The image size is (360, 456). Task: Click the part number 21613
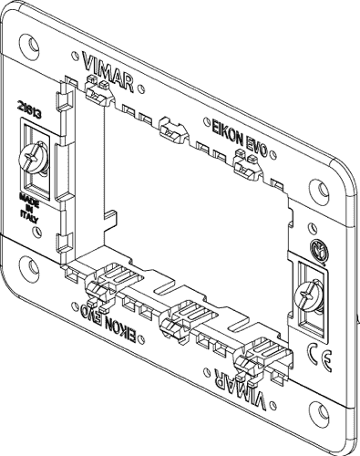(28, 108)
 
